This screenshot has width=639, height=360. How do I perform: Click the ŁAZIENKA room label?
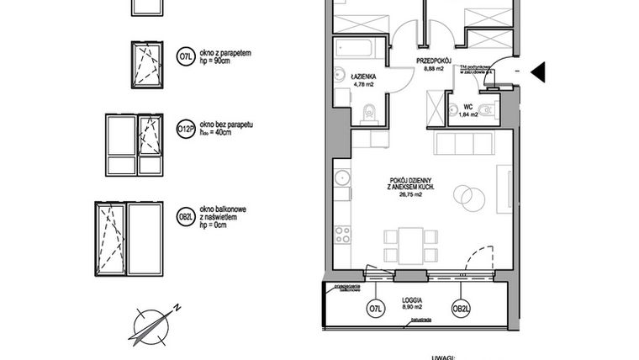pyautogui.click(x=362, y=76)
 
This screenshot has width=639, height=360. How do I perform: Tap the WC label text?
pyautogui.click(x=468, y=107)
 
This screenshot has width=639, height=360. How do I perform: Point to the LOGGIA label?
pyautogui.click(x=411, y=300)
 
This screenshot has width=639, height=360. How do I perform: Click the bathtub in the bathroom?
pyautogui.click(x=361, y=46)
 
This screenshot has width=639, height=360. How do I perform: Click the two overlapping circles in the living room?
pyautogui.click(x=467, y=199)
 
